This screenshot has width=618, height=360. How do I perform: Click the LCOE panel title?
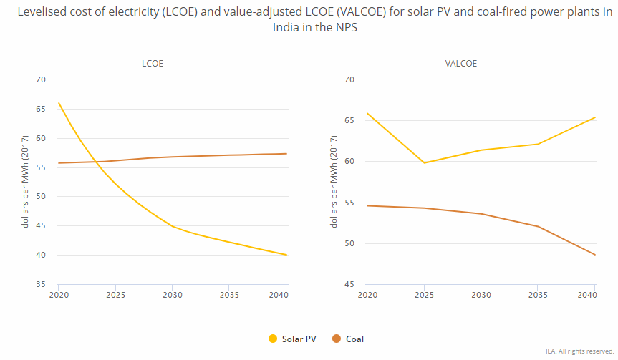pos(152,64)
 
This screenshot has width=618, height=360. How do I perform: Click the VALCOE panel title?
pos(460,64)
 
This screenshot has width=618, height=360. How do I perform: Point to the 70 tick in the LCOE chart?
pos(41,79)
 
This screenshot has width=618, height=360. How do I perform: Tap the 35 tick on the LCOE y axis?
pos(41,285)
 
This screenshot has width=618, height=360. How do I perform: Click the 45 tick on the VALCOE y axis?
pos(349,285)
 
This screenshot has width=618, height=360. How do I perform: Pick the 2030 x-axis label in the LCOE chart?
pos(172,295)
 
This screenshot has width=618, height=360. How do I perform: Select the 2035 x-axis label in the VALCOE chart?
pos(538,295)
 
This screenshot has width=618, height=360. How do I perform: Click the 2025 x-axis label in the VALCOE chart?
pos(424,295)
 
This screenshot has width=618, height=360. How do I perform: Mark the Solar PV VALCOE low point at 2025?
pos(424,162)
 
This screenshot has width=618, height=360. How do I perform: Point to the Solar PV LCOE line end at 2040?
pos(286,255)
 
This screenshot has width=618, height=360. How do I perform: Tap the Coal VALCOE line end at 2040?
pos(595,255)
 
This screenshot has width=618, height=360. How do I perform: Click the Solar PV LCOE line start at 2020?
pos(59,103)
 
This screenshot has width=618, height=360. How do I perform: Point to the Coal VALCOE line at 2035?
pos(538,227)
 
